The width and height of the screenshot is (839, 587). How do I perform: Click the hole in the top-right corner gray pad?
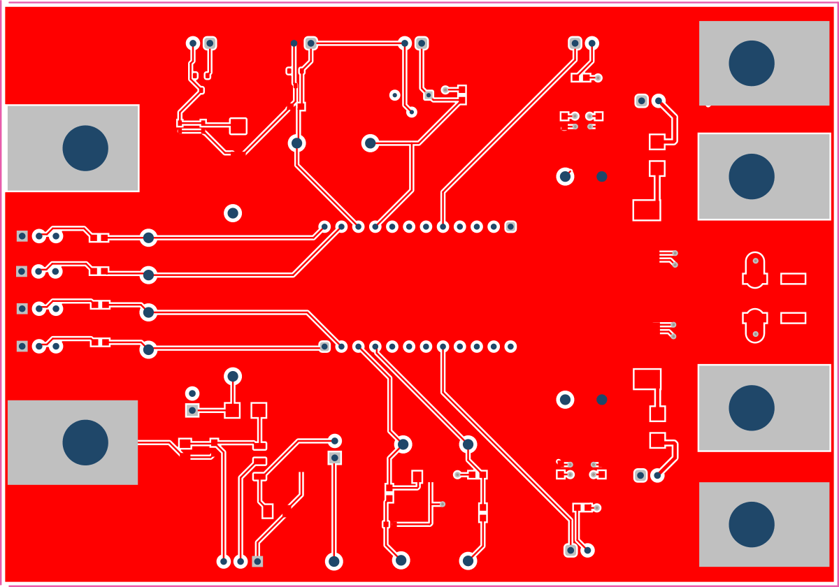(752, 63)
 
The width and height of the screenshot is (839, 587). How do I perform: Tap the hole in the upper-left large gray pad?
(85, 148)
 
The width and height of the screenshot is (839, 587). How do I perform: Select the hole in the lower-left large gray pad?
(85, 442)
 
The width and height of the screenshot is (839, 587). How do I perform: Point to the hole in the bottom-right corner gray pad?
(752, 524)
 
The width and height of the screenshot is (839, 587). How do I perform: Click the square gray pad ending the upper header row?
(510, 226)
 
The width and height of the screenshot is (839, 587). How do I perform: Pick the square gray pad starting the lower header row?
(324, 346)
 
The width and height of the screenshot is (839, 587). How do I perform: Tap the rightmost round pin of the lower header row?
(510, 347)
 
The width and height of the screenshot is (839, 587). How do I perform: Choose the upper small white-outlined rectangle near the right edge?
(793, 279)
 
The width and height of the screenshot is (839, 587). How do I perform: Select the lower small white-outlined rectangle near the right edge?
(793, 318)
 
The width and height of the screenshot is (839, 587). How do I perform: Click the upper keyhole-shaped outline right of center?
(755, 270)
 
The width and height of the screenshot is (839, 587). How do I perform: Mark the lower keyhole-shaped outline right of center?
(755, 325)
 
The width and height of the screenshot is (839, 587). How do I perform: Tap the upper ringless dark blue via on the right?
(601, 177)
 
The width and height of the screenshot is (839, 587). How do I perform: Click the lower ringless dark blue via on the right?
(601, 400)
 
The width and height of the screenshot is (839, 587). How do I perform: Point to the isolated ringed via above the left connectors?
(233, 213)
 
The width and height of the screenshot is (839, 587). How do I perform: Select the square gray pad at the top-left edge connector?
(22, 236)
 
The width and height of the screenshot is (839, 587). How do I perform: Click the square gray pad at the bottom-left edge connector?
(22, 346)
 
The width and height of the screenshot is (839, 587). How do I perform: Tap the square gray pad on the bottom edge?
(257, 561)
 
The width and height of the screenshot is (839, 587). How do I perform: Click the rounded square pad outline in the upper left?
(238, 126)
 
